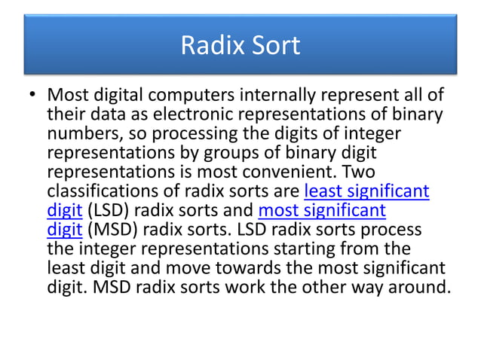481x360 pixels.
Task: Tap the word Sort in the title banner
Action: click(x=274, y=46)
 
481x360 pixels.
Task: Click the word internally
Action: click(x=289, y=97)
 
